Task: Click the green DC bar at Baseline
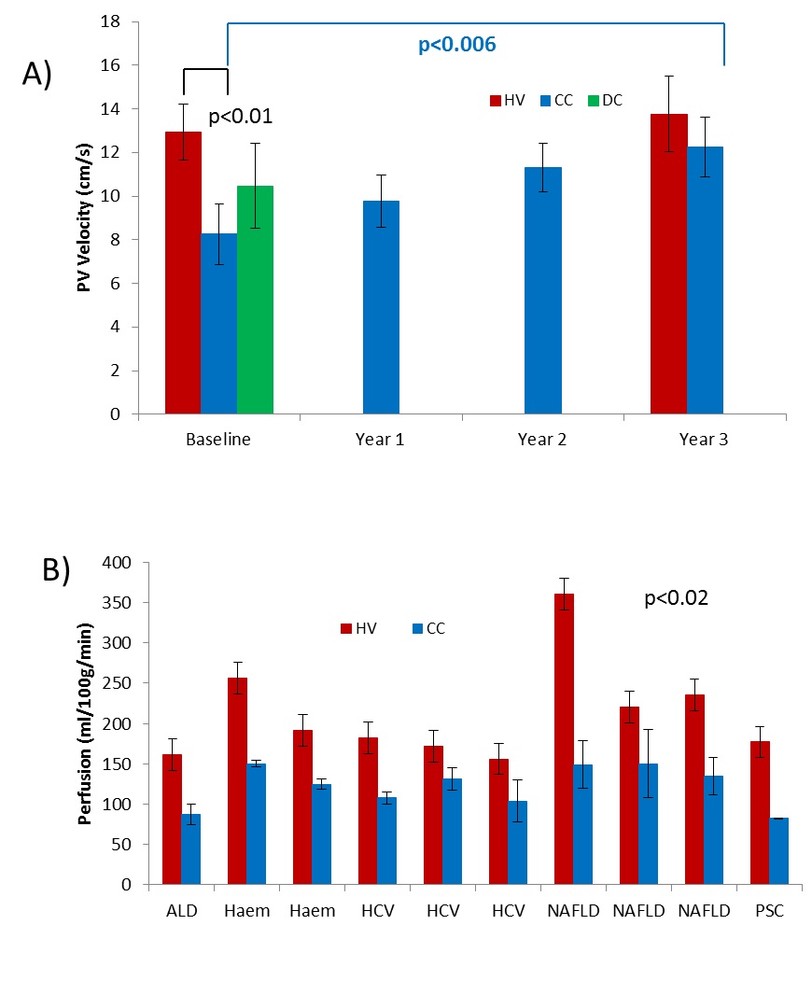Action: [255, 299]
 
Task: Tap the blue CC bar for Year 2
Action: [542, 289]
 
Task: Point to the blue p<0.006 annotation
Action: [457, 44]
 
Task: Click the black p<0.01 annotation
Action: [240, 118]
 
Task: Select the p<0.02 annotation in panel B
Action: [677, 598]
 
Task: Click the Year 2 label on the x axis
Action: [542, 440]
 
